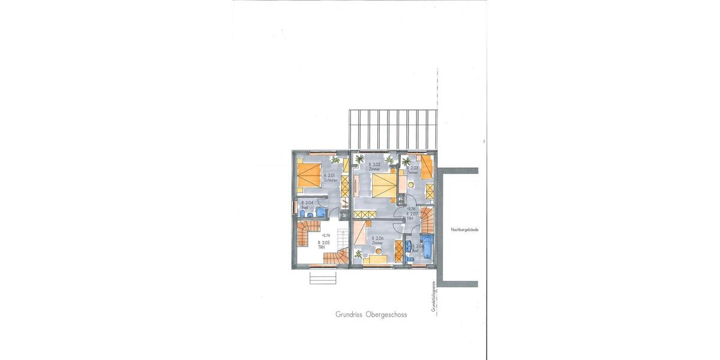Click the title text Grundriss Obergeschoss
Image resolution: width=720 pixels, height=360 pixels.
coord(371,314)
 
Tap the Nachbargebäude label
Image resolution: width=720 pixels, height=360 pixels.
coord(464,229)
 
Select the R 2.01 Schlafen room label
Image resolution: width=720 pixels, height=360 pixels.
coord(329,178)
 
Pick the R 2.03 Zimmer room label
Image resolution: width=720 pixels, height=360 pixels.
coord(413,170)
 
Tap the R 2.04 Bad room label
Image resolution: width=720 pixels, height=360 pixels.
coord(307,205)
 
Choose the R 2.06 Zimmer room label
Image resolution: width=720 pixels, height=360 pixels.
coord(377,240)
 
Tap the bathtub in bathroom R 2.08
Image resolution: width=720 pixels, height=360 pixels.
coord(428,248)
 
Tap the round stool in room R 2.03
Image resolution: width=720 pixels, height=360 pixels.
coord(411,185)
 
